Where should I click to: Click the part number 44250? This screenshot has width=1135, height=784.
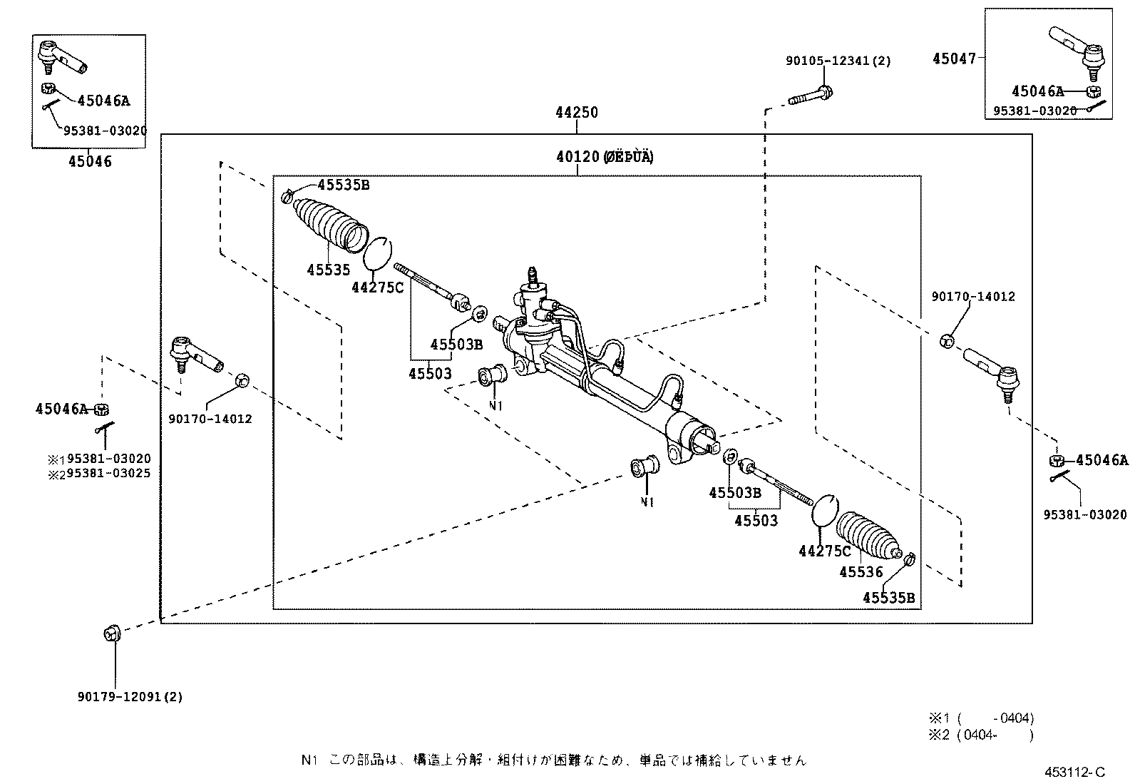577,113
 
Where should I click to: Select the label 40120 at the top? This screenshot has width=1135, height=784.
577,157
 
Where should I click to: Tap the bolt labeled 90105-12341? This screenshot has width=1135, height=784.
811,95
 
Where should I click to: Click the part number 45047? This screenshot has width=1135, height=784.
954,59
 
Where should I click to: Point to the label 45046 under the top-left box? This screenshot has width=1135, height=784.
90,162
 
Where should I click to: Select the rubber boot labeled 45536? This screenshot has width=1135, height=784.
868,536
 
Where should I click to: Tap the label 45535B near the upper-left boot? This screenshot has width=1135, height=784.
344,185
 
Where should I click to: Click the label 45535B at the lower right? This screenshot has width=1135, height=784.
888,598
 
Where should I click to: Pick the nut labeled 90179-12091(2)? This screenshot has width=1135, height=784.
112,633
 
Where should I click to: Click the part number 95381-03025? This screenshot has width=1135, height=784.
108,473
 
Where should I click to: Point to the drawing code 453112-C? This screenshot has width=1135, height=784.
1074,772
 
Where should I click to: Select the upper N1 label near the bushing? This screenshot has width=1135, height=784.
496,405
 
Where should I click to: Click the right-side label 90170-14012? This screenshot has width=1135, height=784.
972,296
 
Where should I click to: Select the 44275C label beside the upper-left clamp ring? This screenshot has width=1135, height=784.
377,287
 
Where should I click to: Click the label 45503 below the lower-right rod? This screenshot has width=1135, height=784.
756,521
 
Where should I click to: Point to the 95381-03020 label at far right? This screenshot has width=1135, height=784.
1084,514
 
